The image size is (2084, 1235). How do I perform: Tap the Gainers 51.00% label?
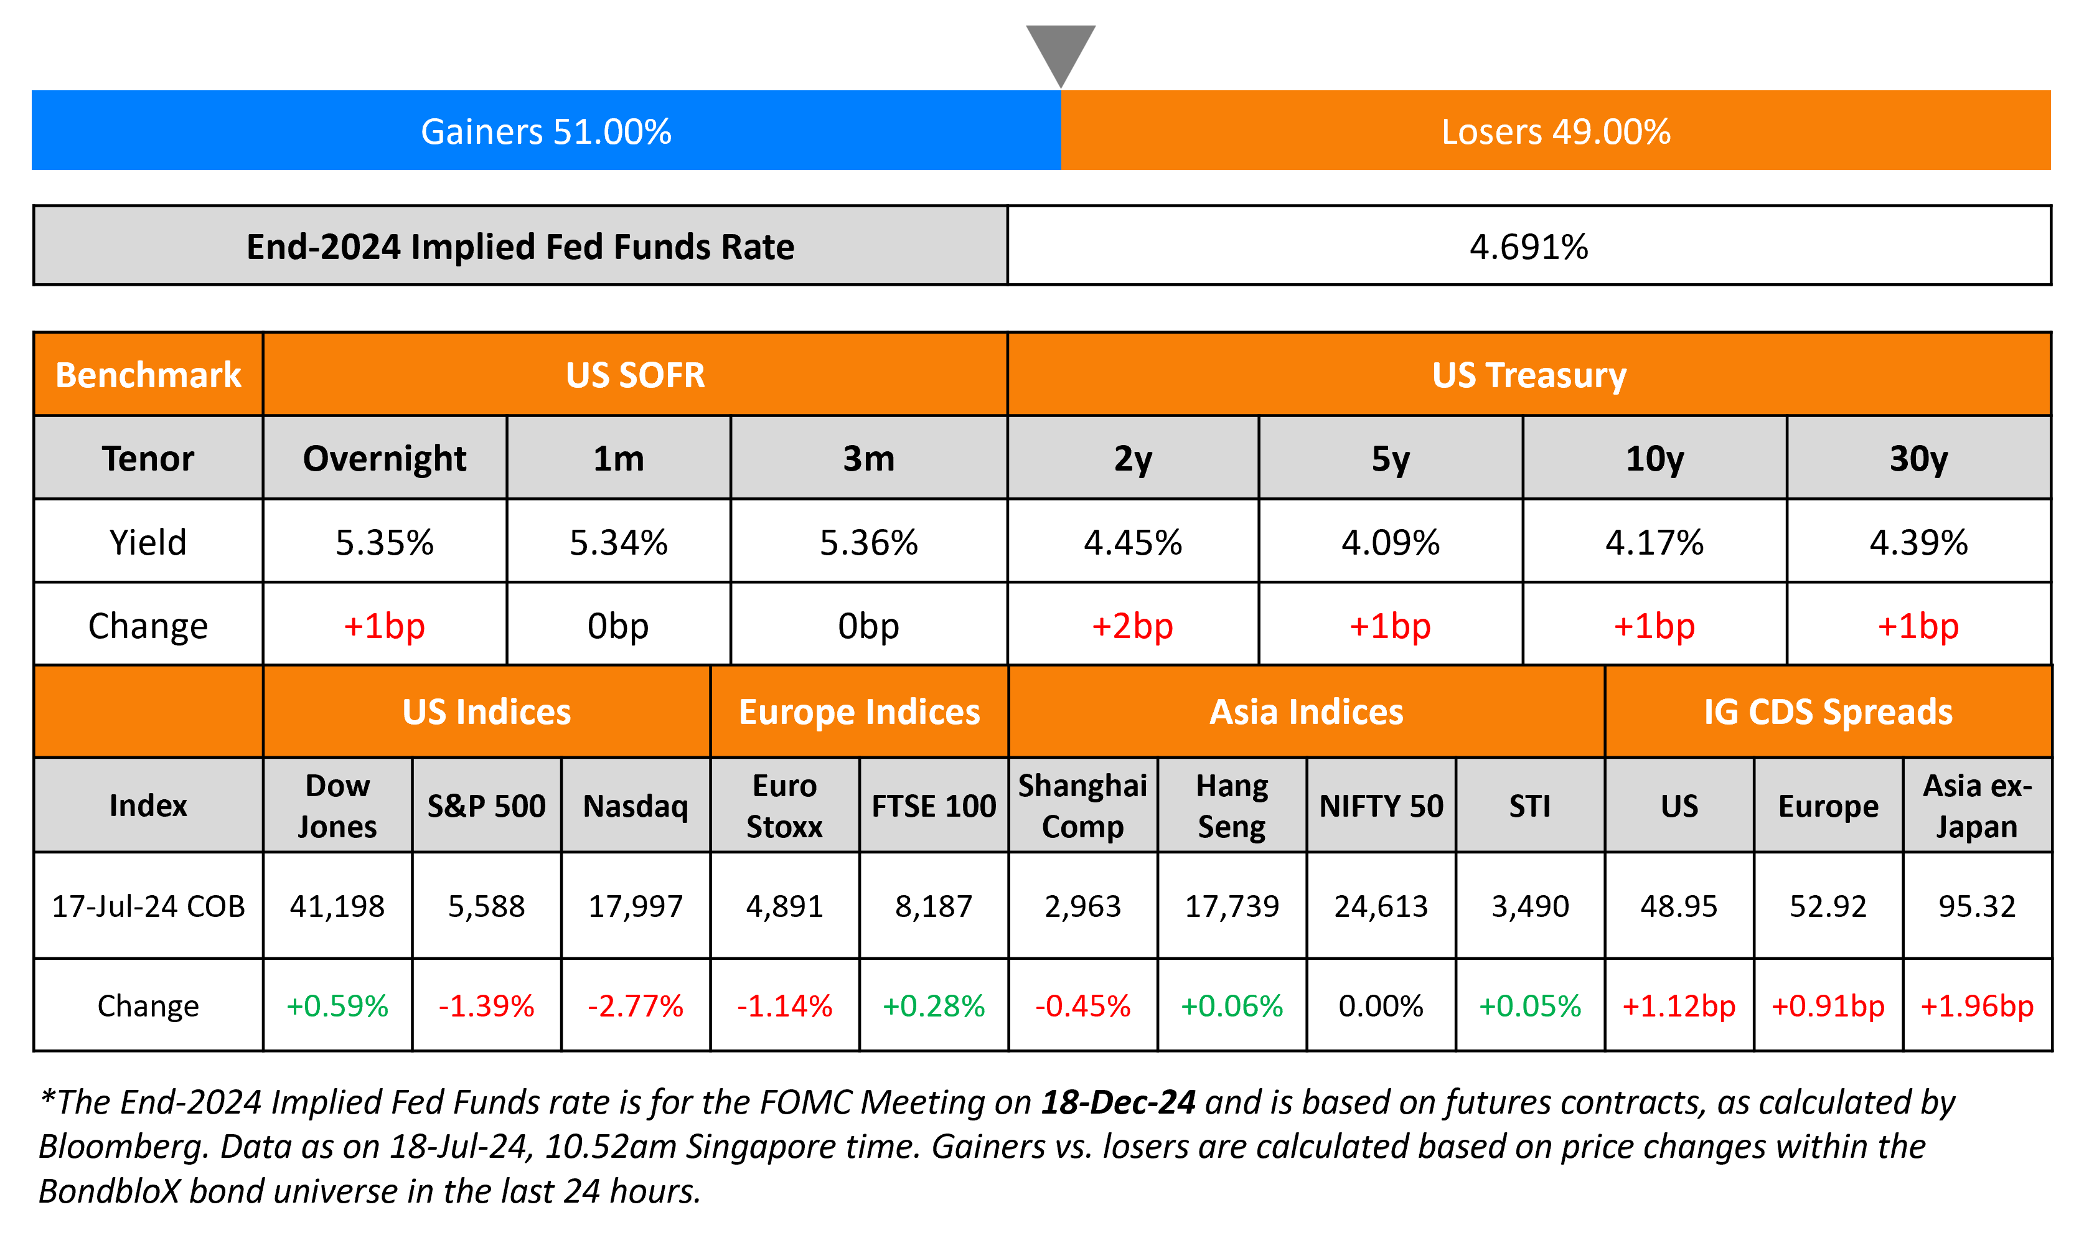(x=546, y=131)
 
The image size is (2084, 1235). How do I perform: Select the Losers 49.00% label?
(x=1555, y=131)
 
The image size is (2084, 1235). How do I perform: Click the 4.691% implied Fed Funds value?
(x=1528, y=247)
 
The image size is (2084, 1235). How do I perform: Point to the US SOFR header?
(x=635, y=375)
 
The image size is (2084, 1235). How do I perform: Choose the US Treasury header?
(x=1528, y=375)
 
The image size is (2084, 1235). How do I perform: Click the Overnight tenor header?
(x=384, y=459)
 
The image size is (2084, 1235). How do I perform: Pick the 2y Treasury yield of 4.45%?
(x=1132, y=543)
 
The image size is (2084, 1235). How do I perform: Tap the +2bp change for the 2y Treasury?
(x=1132, y=626)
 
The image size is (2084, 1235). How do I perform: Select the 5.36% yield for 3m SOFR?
(x=868, y=543)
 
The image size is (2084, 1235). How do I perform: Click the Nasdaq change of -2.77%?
(x=636, y=1006)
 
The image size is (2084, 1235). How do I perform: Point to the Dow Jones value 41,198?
(x=337, y=906)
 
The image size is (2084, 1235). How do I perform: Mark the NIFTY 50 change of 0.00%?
(x=1381, y=1006)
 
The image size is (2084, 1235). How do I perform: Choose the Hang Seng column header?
(x=1231, y=805)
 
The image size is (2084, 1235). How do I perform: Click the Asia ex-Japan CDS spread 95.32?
(x=1977, y=906)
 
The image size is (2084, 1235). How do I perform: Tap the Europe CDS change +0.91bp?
(x=1828, y=1006)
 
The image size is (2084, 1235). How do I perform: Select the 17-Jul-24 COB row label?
(x=148, y=906)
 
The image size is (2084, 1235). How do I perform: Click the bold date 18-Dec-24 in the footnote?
(x=1118, y=1102)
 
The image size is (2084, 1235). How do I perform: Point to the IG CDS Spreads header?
(x=1828, y=711)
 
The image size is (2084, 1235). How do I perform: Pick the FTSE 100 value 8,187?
(x=934, y=906)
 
